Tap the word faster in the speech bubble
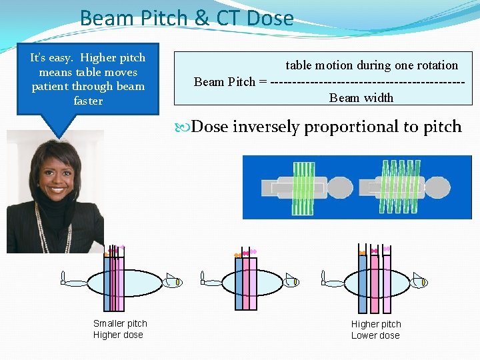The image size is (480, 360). [x=88, y=101]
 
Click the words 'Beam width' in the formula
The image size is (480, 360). [x=361, y=97]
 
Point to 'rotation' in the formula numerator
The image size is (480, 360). [x=436, y=65]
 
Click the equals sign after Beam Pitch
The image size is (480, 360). [x=263, y=82]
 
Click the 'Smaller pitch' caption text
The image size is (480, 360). [x=120, y=323]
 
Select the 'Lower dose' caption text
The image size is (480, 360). [x=375, y=335]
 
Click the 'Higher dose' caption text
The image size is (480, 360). [x=118, y=335]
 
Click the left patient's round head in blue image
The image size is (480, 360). [x=339, y=187]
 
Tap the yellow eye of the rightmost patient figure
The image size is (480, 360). [x=423, y=283]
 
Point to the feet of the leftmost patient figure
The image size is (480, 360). [x=64, y=278]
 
